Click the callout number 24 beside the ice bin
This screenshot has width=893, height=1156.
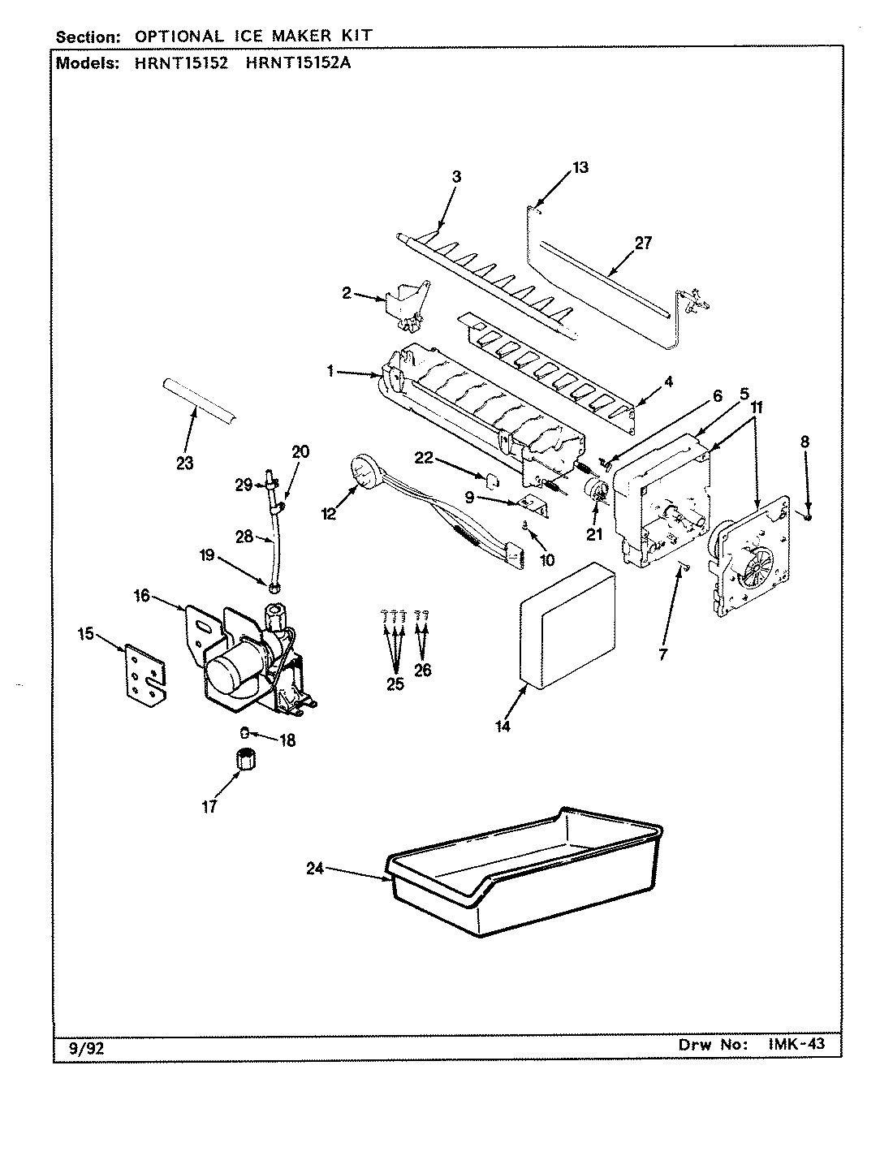pos(316,868)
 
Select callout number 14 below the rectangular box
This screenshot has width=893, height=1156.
pos(503,727)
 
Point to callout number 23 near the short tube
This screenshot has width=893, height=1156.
pos(184,464)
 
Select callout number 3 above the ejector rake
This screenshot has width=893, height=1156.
pos(455,176)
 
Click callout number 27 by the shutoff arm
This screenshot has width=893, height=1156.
pos(642,243)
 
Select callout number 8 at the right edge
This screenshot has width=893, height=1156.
pos(805,442)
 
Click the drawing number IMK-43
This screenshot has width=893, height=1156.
pos(796,1045)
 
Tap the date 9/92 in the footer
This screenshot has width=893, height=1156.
pos(84,1048)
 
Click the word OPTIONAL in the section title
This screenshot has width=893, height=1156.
pos(178,37)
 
